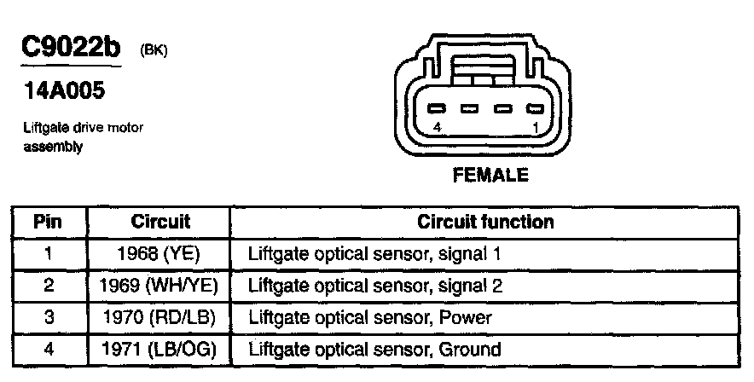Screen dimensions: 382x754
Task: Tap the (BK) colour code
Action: [x=154, y=51]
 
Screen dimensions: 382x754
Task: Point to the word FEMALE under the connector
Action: [x=490, y=176]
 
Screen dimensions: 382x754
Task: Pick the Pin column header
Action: [x=49, y=222]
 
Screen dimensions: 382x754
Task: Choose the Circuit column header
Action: [x=160, y=222]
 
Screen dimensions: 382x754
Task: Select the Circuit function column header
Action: [x=485, y=222]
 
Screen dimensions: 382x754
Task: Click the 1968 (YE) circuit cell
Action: [x=160, y=253]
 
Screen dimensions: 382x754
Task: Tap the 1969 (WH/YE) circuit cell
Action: [x=160, y=285]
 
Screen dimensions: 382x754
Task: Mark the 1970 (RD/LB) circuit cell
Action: [x=160, y=317]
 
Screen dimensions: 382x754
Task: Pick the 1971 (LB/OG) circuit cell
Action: [x=160, y=349]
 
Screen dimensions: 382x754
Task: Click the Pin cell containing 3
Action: [x=49, y=317]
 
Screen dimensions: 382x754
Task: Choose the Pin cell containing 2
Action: [x=49, y=285]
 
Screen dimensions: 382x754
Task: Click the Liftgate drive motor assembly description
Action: [x=83, y=137]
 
